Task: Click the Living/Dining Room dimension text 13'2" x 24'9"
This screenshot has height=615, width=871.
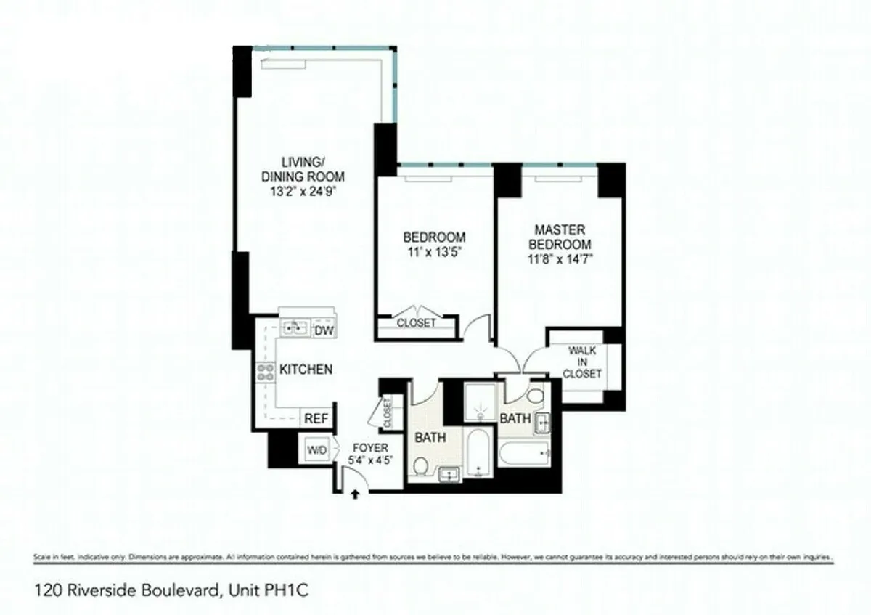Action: pos(302,193)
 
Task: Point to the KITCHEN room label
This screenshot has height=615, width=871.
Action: pos(306,370)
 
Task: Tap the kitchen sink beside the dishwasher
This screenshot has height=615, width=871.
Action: pos(294,327)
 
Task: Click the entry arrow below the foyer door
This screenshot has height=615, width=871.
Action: pos(355,494)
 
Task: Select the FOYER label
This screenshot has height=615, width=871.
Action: pos(369,448)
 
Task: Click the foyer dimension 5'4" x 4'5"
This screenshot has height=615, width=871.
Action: pos(369,460)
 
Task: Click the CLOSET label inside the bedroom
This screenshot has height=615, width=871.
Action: pos(416,323)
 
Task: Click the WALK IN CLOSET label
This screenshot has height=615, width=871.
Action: pos(582,362)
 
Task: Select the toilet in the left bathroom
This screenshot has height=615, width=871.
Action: pos(420,466)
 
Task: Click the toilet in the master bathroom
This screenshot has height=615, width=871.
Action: pos(536,396)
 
